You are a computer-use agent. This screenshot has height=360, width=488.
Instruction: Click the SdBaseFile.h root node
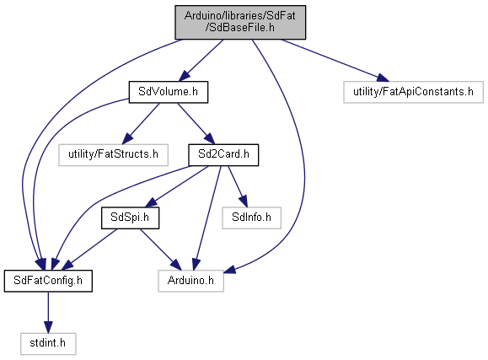(240, 22)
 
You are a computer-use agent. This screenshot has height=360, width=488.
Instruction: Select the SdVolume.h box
(169, 92)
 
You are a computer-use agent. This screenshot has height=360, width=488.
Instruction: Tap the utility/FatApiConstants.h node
(413, 92)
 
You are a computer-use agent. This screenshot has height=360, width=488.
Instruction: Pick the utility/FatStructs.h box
(113, 155)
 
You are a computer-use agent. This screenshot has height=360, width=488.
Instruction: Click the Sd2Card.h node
(223, 155)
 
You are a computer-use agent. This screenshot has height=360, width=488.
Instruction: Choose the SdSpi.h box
(130, 218)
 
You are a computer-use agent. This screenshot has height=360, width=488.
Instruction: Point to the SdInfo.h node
(251, 218)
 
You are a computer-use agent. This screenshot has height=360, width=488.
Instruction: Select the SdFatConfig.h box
(48, 281)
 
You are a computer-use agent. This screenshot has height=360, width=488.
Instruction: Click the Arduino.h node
(190, 281)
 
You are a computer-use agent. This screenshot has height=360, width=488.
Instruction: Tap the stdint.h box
(48, 344)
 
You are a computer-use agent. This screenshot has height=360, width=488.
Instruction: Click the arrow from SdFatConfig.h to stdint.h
(48, 312)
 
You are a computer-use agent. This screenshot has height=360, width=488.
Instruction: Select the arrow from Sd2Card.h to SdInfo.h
(238, 186)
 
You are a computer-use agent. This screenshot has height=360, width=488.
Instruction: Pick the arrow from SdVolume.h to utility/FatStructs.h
(141, 123)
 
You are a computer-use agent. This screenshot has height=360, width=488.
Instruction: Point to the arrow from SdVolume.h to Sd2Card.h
(196, 123)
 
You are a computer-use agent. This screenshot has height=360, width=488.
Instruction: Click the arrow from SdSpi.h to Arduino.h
(160, 250)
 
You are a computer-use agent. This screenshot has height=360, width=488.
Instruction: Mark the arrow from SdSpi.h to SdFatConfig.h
(89, 250)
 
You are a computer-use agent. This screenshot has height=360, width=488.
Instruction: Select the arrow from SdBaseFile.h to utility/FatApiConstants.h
(335, 61)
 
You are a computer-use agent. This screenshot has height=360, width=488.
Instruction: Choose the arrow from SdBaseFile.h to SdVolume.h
(201, 61)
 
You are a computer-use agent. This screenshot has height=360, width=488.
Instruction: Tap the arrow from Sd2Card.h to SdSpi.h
(177, 186)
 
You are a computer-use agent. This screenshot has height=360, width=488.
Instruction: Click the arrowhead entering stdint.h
(48, 327)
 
